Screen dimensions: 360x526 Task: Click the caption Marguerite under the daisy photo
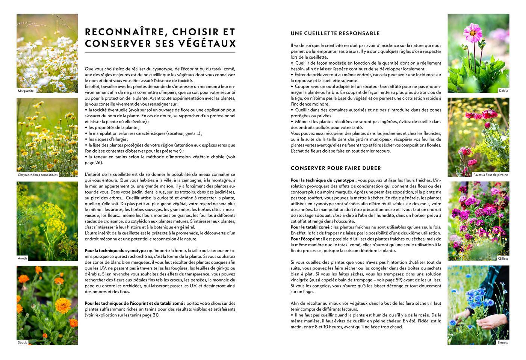click(26, 91)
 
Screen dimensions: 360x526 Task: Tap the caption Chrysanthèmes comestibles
click(38, 175)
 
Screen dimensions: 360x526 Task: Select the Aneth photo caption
click(23, 259)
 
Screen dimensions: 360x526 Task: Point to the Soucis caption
click(23, 342)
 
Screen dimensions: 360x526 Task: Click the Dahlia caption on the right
click(503, 91)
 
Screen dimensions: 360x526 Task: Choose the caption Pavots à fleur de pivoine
click(490, 175)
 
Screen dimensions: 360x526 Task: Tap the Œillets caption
click(503, 259)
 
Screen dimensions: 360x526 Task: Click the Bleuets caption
click(502, 342)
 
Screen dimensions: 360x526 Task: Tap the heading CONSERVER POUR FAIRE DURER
click(336, 168)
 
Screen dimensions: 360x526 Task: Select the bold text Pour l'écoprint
click(306, 239)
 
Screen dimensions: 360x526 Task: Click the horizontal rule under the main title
click(160, 53)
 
